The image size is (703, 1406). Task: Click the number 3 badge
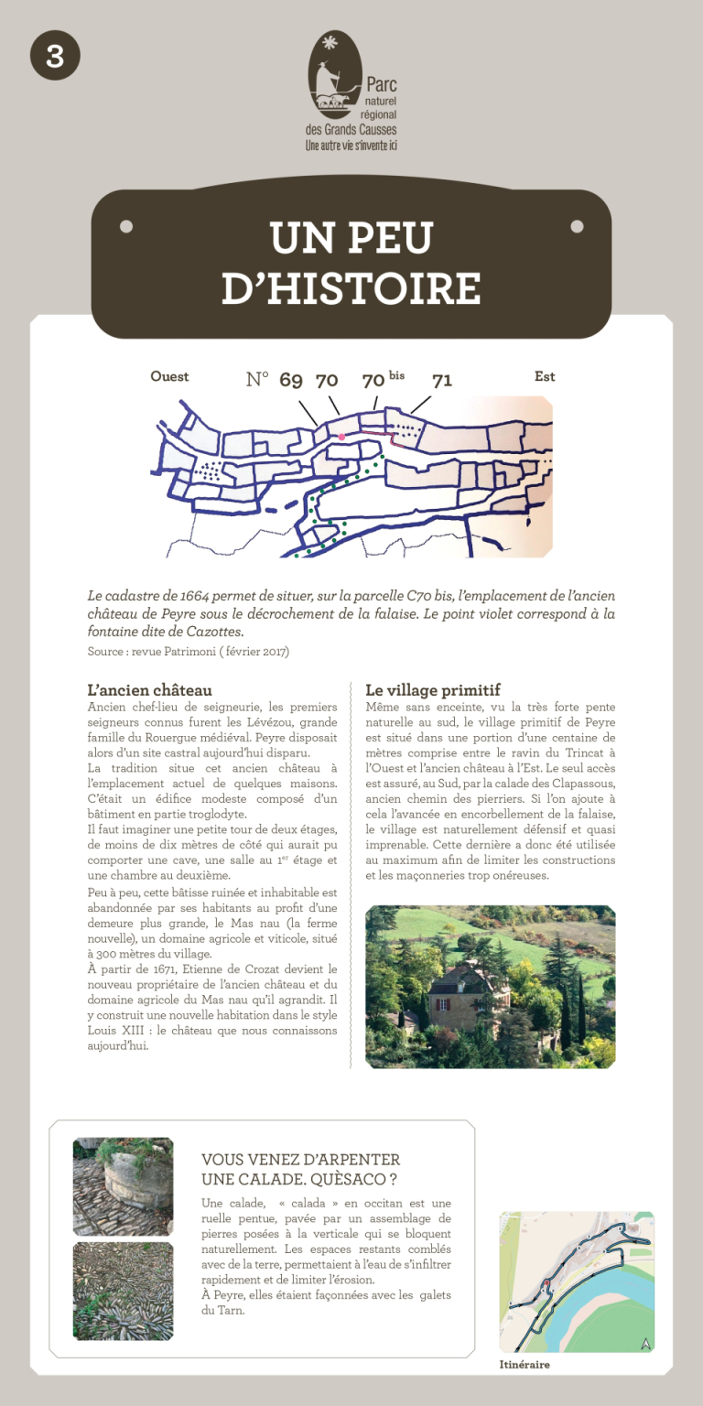click(x=55, y=56)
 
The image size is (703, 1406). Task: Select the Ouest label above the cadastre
click(x=169, y=376)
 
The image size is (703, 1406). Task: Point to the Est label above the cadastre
click(x=545, y=376)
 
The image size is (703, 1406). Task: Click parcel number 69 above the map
click(x=291, y=381)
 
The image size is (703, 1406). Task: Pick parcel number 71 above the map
click(x=442, y=381)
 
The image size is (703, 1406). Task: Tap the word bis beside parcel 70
click(x=396, y=375)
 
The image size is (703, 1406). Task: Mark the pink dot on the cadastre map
click(x=341, y=437)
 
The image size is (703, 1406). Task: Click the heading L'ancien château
click(x=149, y=689)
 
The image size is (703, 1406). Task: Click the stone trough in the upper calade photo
click(x=137, y=1182)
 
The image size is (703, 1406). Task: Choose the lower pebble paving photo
click(x=123, y=1291)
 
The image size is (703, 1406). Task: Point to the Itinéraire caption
click(x=525, y=1365)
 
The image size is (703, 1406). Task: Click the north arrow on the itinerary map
click(x=646, y=1343)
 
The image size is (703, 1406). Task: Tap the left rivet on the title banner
click(x=126, y=226)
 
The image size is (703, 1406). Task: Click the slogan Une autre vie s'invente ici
click(x=351, y=145)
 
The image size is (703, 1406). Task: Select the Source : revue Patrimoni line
click(x=188, y=652)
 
